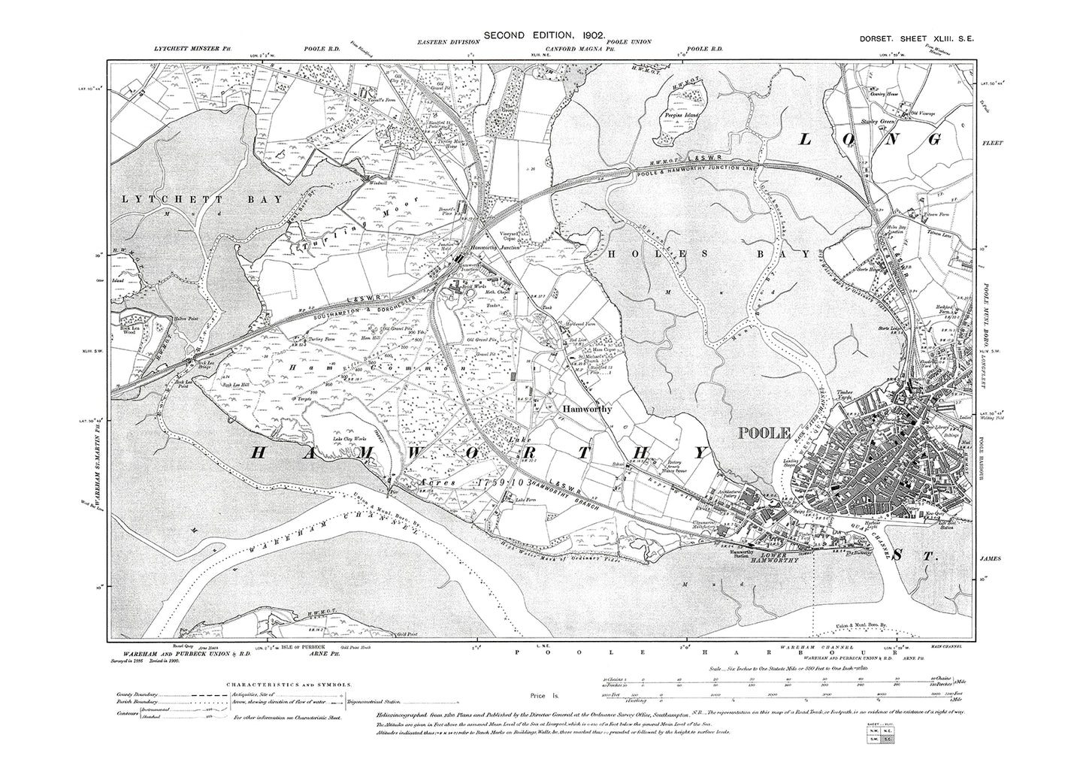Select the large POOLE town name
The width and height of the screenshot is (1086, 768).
765,433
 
